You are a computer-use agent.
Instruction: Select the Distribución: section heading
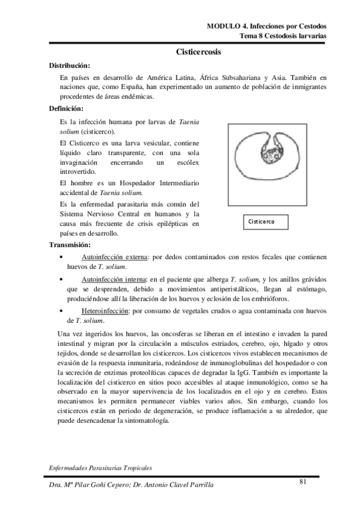point(70,66)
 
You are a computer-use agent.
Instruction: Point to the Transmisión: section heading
point(70,245)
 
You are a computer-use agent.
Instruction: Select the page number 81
point(304,481)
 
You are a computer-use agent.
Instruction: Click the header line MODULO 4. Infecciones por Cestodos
point(266,26)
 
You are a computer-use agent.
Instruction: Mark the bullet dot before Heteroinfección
point(63,312)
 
